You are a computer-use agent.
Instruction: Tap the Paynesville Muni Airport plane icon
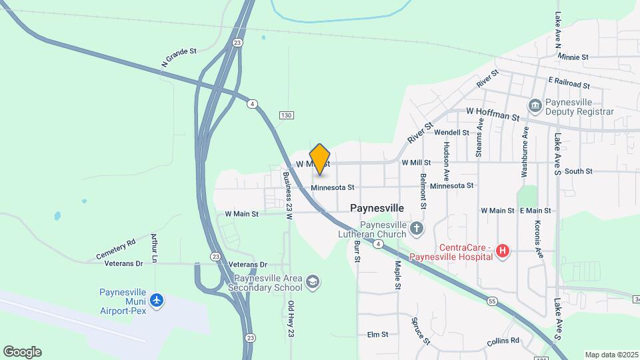tap(157, 301)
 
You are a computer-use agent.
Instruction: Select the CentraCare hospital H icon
tap(503, 251)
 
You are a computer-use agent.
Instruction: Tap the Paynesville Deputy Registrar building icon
tap(535, 106)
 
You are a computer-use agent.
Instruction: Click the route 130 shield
tap(287, 115)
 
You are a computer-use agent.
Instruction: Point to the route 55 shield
tap(491, 301)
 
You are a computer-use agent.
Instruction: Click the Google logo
tap(22, 352)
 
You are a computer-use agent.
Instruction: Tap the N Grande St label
tap(179, 57)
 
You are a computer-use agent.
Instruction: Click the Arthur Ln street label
tap(155, 247)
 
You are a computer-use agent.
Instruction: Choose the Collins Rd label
tap(503, 341)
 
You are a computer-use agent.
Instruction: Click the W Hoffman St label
tap(493, 113)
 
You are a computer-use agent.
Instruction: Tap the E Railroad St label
tap(569, 83)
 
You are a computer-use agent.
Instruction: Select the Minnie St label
tap(574, 57)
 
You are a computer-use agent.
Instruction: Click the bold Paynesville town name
tap(377, 208)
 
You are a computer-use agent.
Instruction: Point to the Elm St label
tap(377, 335)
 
